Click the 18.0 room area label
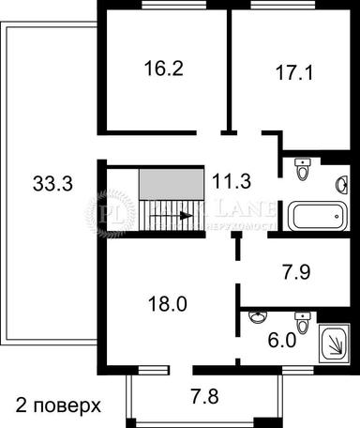coord(168,303)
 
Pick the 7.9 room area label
coord(295,276)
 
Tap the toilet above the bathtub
coord(302,170)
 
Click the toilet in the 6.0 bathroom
coord(301,320)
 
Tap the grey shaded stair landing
coord(172,184)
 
